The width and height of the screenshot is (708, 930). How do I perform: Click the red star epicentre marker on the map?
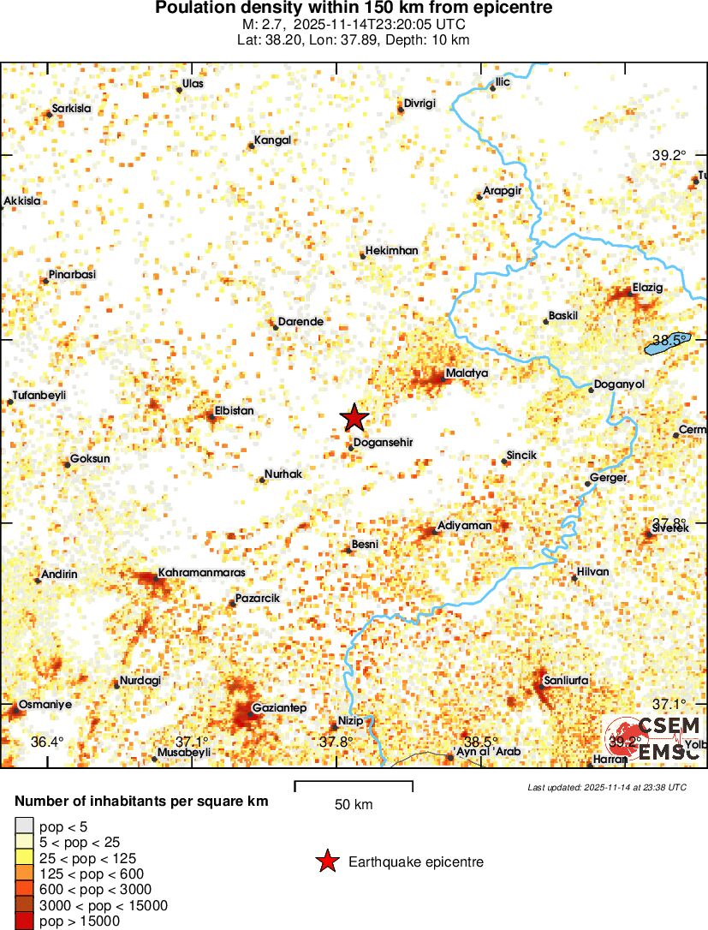tap(354, 418)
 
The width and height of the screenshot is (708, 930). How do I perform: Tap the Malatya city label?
tap(467, 374)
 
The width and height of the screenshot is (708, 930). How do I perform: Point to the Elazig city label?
tap(647, 287)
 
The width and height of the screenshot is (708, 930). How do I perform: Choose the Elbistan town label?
tap(235, 411)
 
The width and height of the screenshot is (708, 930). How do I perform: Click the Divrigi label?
tap(420, 103)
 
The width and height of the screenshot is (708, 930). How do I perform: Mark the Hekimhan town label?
tap(391, 250)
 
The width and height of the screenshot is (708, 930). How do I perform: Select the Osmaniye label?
tap(46, 704)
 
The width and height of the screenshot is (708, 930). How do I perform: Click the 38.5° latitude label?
tap(671, 340)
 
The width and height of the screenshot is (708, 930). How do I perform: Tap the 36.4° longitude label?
tap(47, 742)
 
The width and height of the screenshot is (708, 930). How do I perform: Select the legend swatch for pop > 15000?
tap(24, 921)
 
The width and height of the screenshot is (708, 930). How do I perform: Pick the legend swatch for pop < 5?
tap(24, 826)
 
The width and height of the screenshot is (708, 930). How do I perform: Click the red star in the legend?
tap(326, 862)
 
